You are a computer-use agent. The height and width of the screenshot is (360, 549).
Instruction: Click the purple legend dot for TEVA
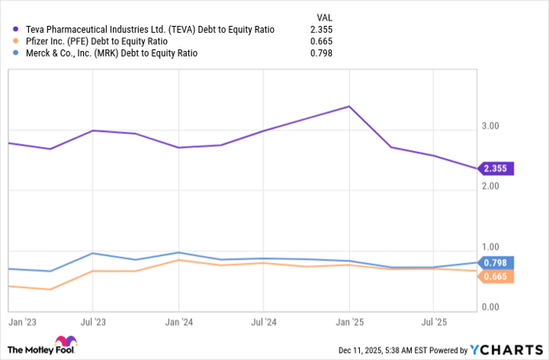15,29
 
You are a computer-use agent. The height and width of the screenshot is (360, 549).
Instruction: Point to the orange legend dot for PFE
15,41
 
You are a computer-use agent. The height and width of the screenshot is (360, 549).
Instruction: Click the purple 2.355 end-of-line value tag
496,169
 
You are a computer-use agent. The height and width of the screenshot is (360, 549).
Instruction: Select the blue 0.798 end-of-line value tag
496,263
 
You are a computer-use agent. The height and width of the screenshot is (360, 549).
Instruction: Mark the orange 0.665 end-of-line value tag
496,276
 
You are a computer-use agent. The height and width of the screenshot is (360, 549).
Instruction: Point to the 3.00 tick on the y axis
489,126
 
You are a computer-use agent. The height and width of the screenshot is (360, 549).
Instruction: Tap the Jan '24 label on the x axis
178,322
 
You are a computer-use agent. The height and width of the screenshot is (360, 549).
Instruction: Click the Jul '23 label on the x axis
93,322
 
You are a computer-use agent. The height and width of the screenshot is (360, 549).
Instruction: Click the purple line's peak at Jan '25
349,106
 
